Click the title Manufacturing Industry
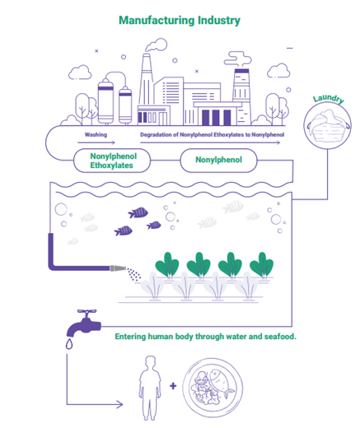pos(180,21)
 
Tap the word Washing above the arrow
pos(96,135)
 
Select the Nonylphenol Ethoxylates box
pos(112,160)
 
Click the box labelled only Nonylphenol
pos(218,160)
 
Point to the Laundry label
pos(329,99)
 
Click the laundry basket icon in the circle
pos(328,126)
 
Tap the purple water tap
pos(84,323)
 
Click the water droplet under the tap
pos(69,344)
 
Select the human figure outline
pos(150,388)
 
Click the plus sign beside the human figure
pos(173,386)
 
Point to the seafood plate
pos(213,388)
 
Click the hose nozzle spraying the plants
pos(118,268)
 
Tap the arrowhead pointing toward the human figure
pos(119,404)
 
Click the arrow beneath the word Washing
pos(96,142)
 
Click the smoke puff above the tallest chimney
pos(156,45)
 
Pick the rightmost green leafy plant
pos(261,265)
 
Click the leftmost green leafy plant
pos(167,265)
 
